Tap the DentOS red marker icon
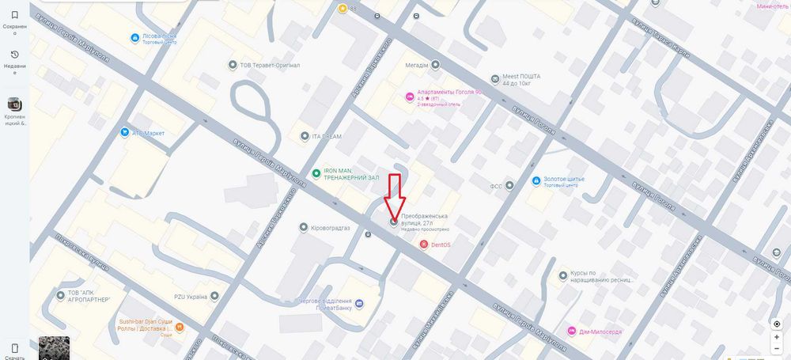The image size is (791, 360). (x=423, y=244)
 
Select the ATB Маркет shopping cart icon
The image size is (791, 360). (x=125, y=132)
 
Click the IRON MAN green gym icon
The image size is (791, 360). (x=316, y=173)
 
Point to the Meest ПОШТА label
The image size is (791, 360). (x=520, y=76)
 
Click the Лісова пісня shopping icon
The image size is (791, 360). (x=134, y=37)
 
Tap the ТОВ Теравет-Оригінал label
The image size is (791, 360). (x=270, y=65)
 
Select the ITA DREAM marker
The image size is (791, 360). (x=305, y=136)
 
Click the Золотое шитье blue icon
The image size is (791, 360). (x=537, y=181)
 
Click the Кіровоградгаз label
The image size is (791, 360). (x=337, y=228)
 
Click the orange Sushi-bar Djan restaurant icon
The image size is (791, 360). (x=180, y=326)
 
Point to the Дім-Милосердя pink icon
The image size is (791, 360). (x=571, y=330)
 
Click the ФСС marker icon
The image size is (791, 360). (x=509, y=186)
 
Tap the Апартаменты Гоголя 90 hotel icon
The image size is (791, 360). (x=409, y=97)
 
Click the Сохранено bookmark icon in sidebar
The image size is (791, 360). (x=14, y=14)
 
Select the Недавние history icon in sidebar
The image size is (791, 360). (x=14, y=55)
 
